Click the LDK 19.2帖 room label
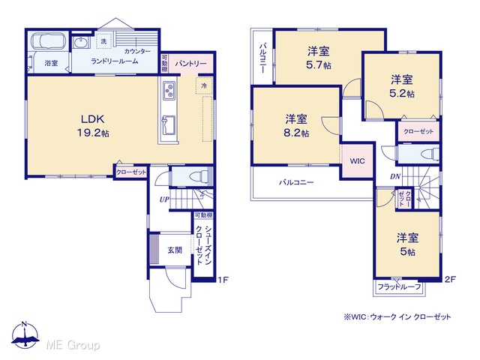pyautogui.click(x=93, y=126)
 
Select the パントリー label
pyautogui.click(x=190, y=64)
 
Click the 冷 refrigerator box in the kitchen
pyautogui.click(x=204, y=85)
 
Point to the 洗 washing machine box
pyautogui.click(x=103, y=41)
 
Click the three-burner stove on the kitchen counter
pyautogui.click(x=169, y=90)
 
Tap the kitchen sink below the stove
pyautogui.click(x=168, y=125)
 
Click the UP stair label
pyautogui.click(x=164, y=199)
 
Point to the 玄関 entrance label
pyautogui.click(x=175, y=250)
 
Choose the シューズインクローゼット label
pyautogui.click(x=204, y=245)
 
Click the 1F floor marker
pyautogui.click(x=223, y=280)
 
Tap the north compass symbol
pyautogui.click(x=25, y=335)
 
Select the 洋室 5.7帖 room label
pyautogui.click(x=318, y=58)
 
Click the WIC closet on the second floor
pyautogui.click(x=357, y=160)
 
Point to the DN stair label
pyautogui.click(x=395, y=176)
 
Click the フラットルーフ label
pyautogui.click(x=399, y=286)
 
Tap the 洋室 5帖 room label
pyautogui.click(x=408, y=244)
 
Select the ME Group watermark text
pyautogui.click(x=73, y=345)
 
